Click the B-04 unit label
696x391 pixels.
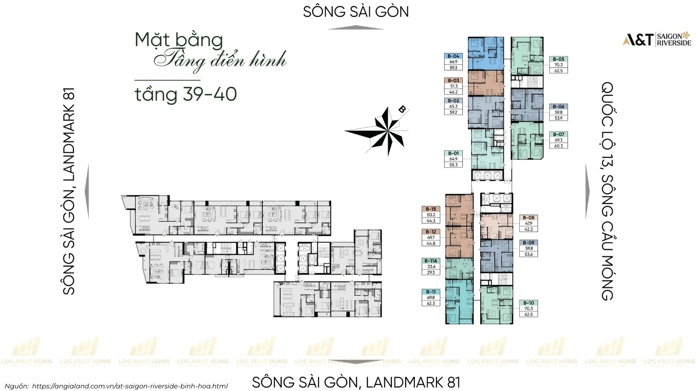click(x=453, y=56)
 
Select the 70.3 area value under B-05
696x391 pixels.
click(x=559, y=65)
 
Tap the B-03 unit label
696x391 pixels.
click(x=453, y=80)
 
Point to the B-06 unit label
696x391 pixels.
click(x=559, y=106)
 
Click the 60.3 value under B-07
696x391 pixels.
click(x=559, y=146)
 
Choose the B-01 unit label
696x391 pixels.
click(x=453, y=153)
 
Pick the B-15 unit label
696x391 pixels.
click(x=431, y=209)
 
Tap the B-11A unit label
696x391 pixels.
click(x=431, y=261)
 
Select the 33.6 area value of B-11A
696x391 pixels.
click(x=431, y=267)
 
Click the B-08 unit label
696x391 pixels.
click(x=529, y=218)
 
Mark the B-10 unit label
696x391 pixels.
click(x=529, y=303)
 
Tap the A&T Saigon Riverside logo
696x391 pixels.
click(x=657, y=39)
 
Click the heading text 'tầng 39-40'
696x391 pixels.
click(x=186, y=94)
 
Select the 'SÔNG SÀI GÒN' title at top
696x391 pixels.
click(x=356, y=12)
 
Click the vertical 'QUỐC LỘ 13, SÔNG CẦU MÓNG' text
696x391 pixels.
click(x=607, y=191)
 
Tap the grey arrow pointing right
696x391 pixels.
click(x=588, y=191)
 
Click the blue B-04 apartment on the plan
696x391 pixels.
click(x=485, y=53)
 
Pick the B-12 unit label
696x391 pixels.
click(x=431, y=232)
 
